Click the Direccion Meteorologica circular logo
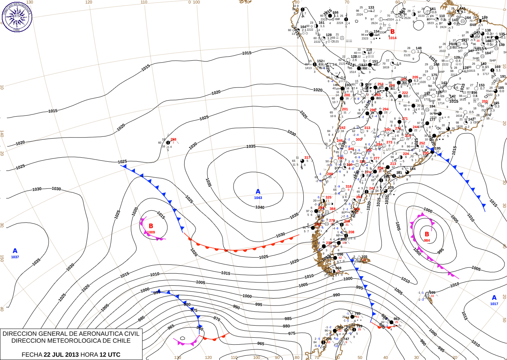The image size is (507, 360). coord(17,16)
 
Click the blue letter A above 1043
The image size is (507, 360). coord(258,192)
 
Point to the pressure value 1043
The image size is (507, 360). coord(258,198)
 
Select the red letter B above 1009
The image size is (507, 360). coord(151,226)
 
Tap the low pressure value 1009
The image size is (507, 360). coord(151,232)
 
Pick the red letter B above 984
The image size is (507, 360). coord(427,234)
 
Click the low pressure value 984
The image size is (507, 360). coord(427,241)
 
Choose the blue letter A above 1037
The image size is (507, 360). coord(15,251)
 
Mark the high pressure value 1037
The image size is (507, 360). coord(15,257)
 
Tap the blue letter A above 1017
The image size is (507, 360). coord(494,298)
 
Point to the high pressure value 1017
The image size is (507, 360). coord(494,304)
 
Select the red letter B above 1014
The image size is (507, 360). coord(393,32)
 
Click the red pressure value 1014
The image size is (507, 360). coord(393,38)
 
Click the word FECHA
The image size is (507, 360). coord(32,355)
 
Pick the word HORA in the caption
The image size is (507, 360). coord(89,355)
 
